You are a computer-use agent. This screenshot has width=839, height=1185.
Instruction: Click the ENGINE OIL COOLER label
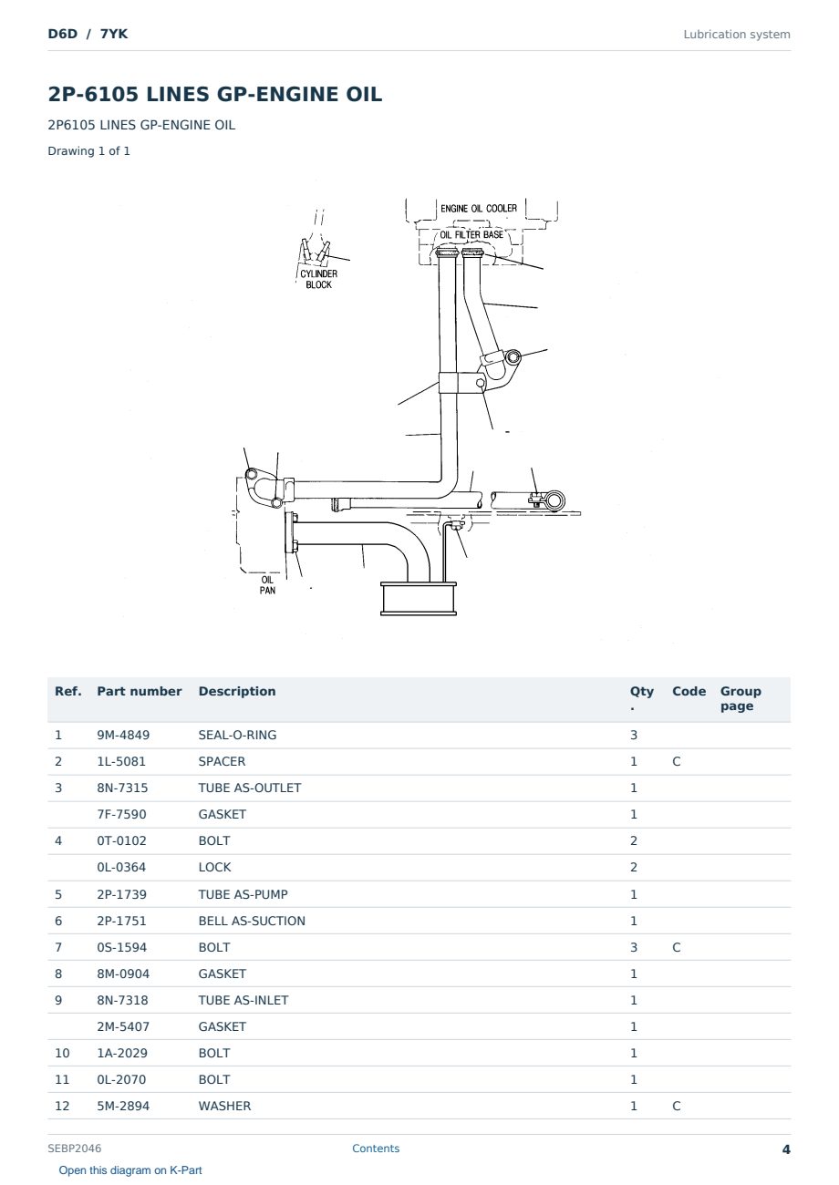[479, 209]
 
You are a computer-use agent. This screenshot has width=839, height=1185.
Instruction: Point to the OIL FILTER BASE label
[471, 234]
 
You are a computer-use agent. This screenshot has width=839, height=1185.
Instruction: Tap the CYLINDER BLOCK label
[318, 279]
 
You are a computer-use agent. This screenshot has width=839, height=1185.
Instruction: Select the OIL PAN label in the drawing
[267, 584]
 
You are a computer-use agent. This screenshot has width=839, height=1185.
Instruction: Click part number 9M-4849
[123, 735]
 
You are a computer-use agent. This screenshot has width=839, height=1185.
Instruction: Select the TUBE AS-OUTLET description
[249, 788]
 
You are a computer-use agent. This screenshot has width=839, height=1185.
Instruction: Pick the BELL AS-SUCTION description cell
[252, 921]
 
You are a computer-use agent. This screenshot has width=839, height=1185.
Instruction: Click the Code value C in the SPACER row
[676, 761]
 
